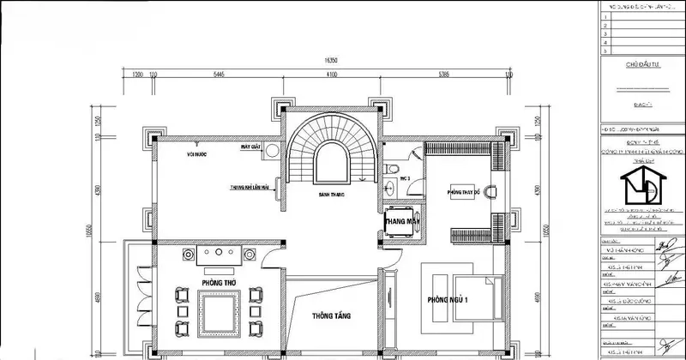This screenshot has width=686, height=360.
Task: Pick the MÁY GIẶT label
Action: [x=250, y=147]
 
